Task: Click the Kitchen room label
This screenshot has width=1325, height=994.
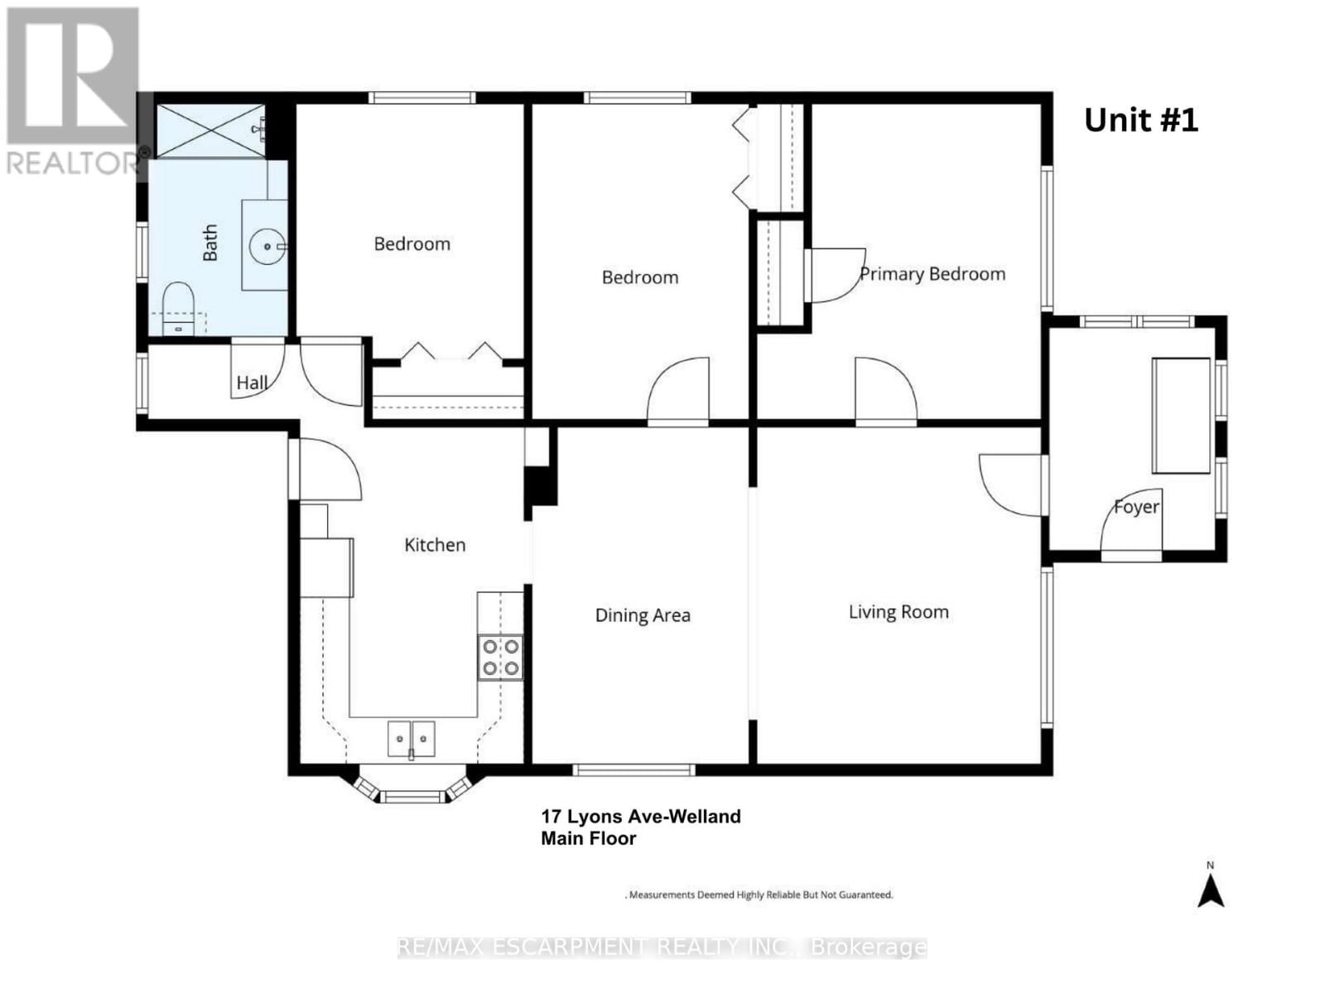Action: pyautogui.click(x=435, y=545)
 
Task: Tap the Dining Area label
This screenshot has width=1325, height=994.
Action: pyautogui.click(x=643, y=615)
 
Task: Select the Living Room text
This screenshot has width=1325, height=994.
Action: pyautogui.click(x=899, y=612)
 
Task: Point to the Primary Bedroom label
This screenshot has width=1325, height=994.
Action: pyautogui.click(x=932, y=274)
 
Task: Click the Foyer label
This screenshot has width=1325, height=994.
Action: pyautogui.click(x=1136, y=506)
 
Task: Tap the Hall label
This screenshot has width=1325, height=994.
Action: pyautogui.click(x=252, y=383)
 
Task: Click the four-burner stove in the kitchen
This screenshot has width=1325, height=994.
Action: pyautogui.click(x=500, y=657)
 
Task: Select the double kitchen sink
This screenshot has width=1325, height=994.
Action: pyautogui.click(x=412, y=738)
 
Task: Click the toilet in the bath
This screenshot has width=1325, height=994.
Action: pyautogui.click(x=177, y=308)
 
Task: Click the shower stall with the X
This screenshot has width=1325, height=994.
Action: pyautogui.click(x=210, y=131)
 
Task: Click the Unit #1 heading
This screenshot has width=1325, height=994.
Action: pyautogui.click(x=1140, y=121)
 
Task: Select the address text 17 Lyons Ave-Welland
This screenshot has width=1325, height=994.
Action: pyautogui.click(x=641, y=817)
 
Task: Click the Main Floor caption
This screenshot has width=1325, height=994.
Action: pyautogui.click(x=588, y=839)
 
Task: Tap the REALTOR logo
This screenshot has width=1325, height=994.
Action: pyautogui.click(x=73, y=91)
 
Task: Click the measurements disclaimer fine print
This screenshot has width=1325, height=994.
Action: pyautogui.click(x=759, y=895)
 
